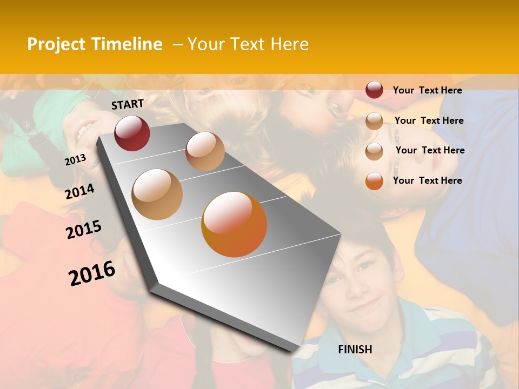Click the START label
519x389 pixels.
[x=128, y=104]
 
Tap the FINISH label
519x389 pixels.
[x=355, y=350]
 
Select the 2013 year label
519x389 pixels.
[x=75, y=160]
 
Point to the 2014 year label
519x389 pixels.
[x=80, y=191]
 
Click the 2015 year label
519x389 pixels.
[x=84, y=230]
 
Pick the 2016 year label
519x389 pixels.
[x=92, y=273]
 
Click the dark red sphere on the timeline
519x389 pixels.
[x=132, y=133]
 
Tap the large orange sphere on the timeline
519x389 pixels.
[x=234, y=224]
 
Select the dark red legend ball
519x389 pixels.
[x=374, y=90]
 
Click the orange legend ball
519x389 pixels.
[x=374, y=181]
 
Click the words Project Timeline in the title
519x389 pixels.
[x=95, y=44]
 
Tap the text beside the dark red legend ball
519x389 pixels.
[x=428, y=90]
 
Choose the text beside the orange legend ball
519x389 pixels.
[x=428, y=180]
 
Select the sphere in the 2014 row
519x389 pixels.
[x=157, y=194]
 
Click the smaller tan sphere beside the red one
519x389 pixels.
[x=205, y=151]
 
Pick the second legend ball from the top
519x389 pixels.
[x=374, y=121]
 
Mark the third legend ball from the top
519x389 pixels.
[x=374, y=151]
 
